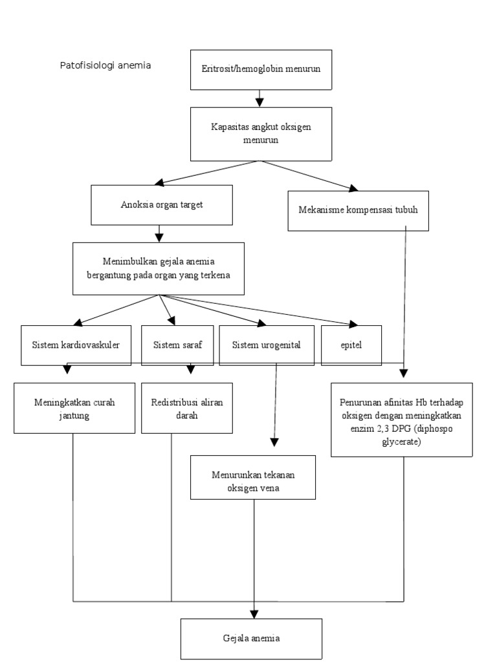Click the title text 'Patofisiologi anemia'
coord(105,65)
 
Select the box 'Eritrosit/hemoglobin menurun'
coord(261,69)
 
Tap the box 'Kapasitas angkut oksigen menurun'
coord(261,133)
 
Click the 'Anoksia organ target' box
coord(162,205)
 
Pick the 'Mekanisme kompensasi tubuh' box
coord(358,210)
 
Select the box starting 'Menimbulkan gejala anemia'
coord(159,268)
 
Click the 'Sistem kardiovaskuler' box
coord(76,345)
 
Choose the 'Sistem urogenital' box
coord(267,345)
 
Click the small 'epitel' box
coord(351,345)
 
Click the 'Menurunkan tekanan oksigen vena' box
coord(252,482)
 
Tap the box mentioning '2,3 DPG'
coord(401,420)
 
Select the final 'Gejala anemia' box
coord(250,638)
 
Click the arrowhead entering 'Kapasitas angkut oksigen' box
coord(260,101)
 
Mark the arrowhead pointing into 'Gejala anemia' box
coord(254,613)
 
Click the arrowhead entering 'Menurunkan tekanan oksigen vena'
coord(274,442)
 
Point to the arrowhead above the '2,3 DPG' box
coord(404,373)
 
